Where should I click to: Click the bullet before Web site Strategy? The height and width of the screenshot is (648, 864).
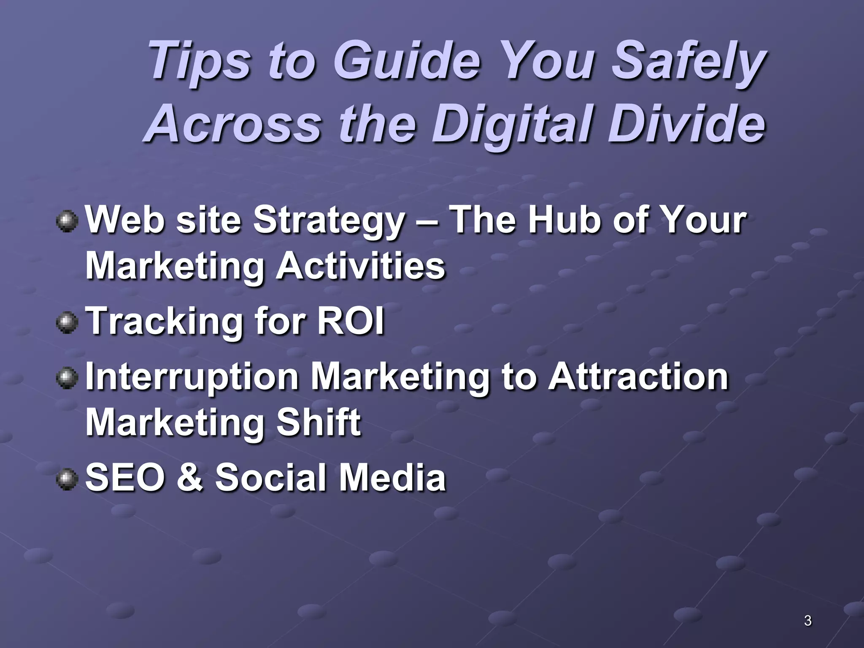[67, 221]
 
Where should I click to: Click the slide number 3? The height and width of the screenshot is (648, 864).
[807, 621]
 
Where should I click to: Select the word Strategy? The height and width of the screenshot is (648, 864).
[329, 221]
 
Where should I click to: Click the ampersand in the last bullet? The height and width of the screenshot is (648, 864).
[189, 478]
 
